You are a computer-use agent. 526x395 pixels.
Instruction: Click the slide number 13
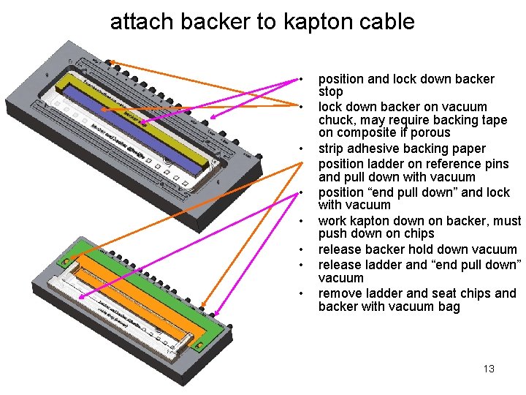pos(489,369)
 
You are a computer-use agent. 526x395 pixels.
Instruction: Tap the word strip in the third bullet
pos(332,148)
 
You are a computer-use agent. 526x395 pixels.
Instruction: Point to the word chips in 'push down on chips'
pos(419,234)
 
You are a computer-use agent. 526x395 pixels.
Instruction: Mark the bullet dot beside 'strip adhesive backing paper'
pos(300,148)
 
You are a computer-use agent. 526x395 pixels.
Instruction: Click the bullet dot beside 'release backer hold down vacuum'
pos(300,250)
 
